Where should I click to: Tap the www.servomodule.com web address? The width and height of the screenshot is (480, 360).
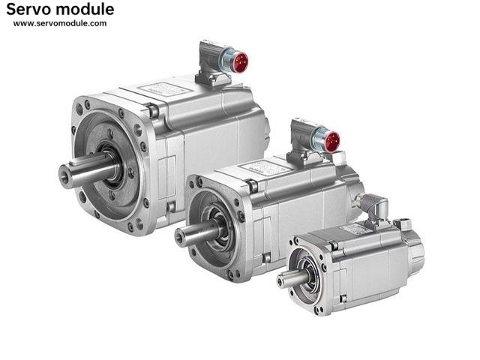pos(60,23)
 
